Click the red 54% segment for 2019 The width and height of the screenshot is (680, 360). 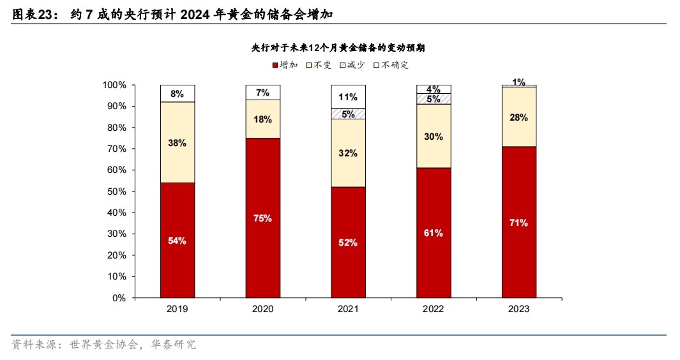[178, 240]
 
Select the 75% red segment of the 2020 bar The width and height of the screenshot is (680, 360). [263, 218]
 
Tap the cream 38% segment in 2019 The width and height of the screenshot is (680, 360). [178, 142]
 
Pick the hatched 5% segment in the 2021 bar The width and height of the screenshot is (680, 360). [349, 114]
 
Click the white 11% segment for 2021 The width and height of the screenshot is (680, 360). [349, 97]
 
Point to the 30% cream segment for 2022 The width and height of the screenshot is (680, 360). [434, 135]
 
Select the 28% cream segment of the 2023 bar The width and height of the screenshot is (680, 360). [519, 117]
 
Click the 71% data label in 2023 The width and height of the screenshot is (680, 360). [519, 223]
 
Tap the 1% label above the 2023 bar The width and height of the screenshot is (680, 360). [518, 82]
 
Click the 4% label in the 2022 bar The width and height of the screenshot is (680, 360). [434, 89]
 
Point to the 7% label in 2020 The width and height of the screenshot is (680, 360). [263, 93]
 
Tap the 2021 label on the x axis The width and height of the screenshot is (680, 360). [349, 309]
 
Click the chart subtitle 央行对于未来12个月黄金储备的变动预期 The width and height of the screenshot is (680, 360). [339, 48]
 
